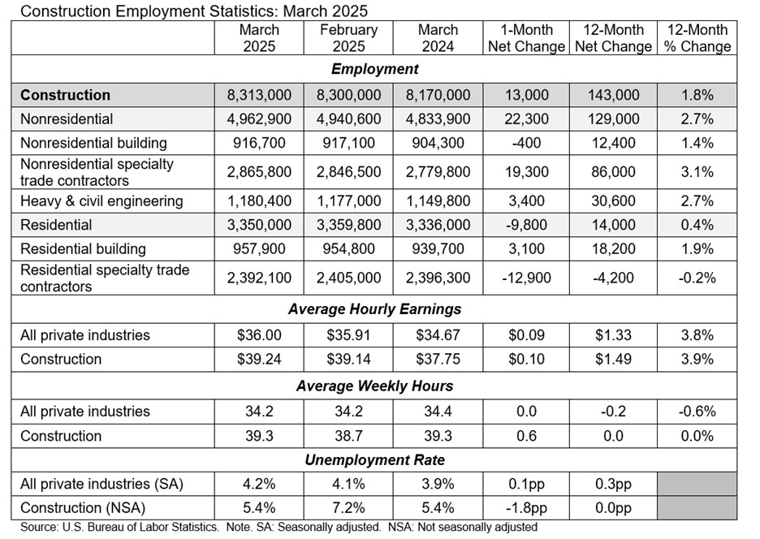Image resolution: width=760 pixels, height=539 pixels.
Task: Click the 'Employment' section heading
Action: pyautogui.click(x=374, y=69)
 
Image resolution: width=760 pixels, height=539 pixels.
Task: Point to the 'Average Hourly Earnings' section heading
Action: pyautogui.click(x=374, y=308)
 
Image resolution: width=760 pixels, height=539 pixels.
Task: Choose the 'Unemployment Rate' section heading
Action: pyautogui.click(x=374, y=460)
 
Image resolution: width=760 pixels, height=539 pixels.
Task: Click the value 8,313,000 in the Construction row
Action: pyautogui.click(x=259, y=95)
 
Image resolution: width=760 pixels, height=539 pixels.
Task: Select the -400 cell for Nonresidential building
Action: pyautogui.click(x=525, y=143)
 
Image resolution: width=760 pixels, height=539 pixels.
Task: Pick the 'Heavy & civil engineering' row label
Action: pyautogui.click(x=101, y=201)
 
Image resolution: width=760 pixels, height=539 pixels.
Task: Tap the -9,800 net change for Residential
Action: pyautogui.click(x=525, y=225)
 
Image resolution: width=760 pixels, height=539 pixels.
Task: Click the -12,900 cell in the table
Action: pyautogui.click(x=525, y=278)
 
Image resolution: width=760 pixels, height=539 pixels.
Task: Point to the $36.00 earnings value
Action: pyautogui.click(x=259, y=335)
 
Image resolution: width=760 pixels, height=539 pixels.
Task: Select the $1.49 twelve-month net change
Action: pyautogui.click(x=612, y=359)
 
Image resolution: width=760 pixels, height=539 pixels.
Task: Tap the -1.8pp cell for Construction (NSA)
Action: pyautogui.click(x=525, y=508)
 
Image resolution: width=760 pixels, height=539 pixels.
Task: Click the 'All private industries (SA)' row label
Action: pyautogui.click(x=101, y=485)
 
